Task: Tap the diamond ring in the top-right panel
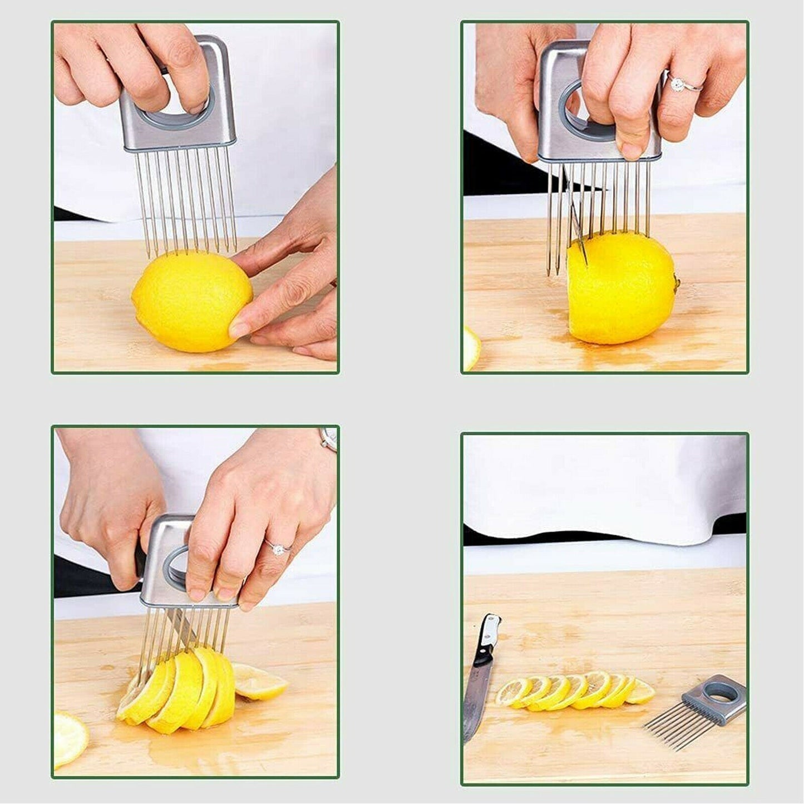coord(678,83)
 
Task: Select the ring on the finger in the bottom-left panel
coord(276,549)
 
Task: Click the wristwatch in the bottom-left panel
coord(328,439)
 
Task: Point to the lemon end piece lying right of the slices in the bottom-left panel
coord(258,682)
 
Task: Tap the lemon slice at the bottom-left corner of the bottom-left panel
coord(69,738)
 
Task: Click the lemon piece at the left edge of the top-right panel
coord(470,348)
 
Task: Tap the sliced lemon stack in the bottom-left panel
coord(178,690)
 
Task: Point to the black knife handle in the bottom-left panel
coord(139,562)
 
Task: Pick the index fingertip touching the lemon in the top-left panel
coord(238,329)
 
